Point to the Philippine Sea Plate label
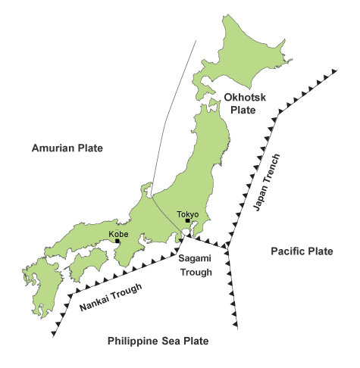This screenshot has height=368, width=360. (x=158, y=341)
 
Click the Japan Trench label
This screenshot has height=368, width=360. (x=258, y=182)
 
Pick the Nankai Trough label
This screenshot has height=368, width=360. (x=111, y=297)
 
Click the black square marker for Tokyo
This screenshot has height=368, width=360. (x=187, y=221)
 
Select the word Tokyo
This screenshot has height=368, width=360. (x=187, y=214)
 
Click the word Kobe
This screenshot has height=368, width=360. (x=118, y=233)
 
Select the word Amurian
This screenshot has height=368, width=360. (x=50, y=148)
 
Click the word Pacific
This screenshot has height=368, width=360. (x=289, y=251)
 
